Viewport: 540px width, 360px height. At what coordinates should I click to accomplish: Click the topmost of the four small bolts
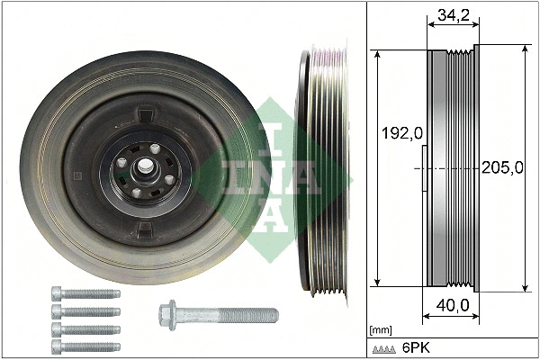pos(85,293)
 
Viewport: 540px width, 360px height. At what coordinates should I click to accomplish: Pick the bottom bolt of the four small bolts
pos(85,345)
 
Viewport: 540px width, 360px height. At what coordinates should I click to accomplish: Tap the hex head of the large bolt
pos(167,315)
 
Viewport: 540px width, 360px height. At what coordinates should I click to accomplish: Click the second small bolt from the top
pos(85,310)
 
